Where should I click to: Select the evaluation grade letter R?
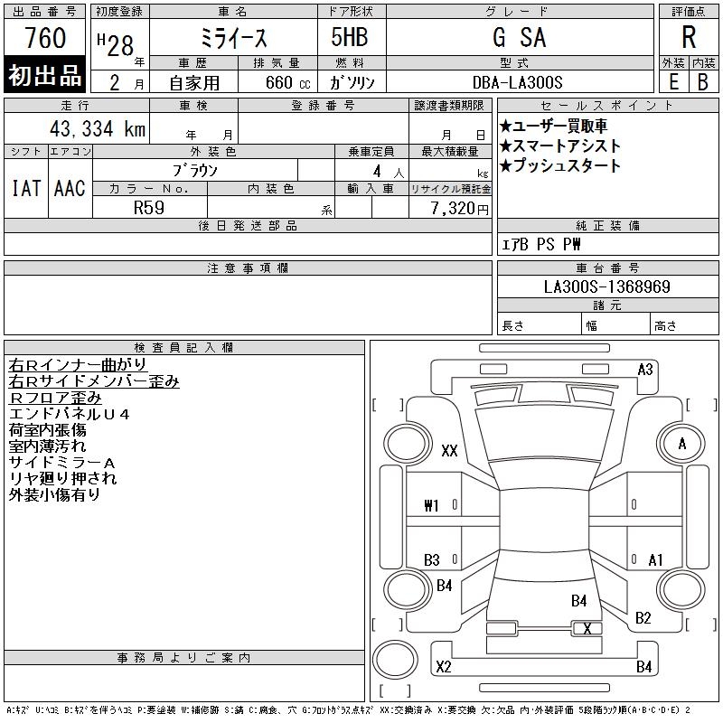point(689,38)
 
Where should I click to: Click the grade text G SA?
point(519,39)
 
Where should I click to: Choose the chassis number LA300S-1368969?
point(606,286)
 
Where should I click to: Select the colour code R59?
point(149,208)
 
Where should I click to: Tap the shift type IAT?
point(25,188)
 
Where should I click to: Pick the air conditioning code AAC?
point(70,188)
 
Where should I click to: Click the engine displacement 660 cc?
point(277,82)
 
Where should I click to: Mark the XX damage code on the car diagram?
point(449,451)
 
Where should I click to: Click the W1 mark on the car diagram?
point(431,505)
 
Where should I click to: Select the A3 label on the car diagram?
point(645,369)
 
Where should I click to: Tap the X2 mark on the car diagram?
point(443,667)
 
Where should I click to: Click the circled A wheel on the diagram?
point(681,444)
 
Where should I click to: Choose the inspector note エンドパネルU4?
point(69,414)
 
